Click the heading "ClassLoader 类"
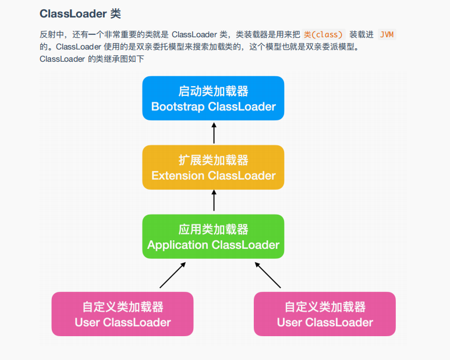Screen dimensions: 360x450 (80, 13)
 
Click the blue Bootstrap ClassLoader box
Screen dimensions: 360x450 (213, 98)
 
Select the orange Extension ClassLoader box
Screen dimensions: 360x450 (213, 167)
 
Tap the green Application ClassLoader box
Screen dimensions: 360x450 (213, 237)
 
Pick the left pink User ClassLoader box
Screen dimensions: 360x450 (122, 314)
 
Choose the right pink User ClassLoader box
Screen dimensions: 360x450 (324, 314)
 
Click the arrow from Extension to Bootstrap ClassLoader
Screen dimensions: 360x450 (214, 133)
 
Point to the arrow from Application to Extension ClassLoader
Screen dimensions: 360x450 (214, 201)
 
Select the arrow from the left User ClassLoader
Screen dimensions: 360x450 (172, 275)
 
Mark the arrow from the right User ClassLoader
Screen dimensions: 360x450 (268, 275)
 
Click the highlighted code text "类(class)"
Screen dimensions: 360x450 (324, 34)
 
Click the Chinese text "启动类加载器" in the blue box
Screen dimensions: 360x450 (213, 91)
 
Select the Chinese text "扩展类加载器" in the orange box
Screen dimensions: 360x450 (213, 161)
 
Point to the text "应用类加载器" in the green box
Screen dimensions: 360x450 (213, 230)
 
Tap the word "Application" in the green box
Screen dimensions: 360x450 (178, 245)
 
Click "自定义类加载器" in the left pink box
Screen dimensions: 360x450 (122, 307)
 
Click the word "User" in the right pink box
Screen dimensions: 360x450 (289, 322)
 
